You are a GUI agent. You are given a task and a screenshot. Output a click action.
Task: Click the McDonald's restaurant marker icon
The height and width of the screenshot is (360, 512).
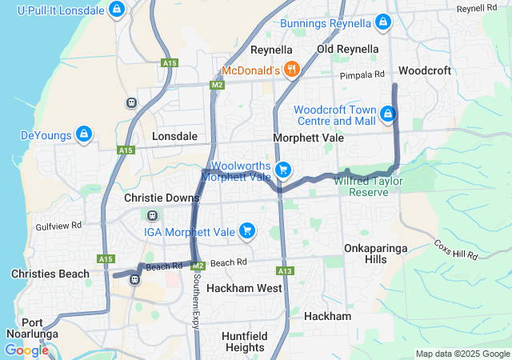[x=292, y=70]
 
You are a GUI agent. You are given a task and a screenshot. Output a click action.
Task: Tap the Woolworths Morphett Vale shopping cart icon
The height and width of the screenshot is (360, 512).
[x=282, y=170]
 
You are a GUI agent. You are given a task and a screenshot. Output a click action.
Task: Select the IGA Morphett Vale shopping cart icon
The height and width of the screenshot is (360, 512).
[x=247, y=231]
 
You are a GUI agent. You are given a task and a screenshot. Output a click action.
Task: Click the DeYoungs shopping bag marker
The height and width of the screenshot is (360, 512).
[x=83, y=134]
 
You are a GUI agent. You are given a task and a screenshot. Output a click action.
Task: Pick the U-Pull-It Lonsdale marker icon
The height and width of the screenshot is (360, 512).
[x=117, y=10]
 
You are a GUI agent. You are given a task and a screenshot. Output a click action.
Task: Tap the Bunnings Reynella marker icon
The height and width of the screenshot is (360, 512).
[x=384, y=22]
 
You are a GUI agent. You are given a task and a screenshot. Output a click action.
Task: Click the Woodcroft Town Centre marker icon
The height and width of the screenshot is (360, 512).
[x=388, y=114]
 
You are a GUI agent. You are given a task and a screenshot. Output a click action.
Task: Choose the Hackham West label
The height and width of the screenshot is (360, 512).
[x=244, y=287]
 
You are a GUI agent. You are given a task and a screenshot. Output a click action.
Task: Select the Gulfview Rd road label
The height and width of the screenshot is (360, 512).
[x=59, y=226]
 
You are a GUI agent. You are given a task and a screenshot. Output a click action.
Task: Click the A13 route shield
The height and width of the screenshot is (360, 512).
[x=286, y=271]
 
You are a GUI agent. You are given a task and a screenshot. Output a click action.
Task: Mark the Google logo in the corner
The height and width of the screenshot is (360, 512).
[x=26, y=350]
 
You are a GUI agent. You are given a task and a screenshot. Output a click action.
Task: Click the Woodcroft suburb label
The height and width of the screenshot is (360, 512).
[x=424, y=70]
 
